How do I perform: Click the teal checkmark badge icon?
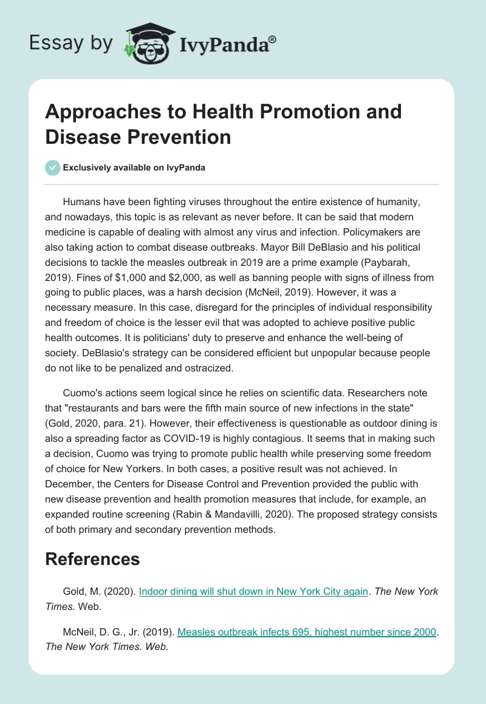(x=53, y=168)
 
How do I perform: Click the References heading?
(x=92, y=558)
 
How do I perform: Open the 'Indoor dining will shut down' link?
(x=253, y=591)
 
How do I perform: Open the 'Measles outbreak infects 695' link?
(x=307, y=632)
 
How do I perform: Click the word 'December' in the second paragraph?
(x=72, y=484)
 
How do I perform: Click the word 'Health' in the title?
(x=200, y=112)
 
